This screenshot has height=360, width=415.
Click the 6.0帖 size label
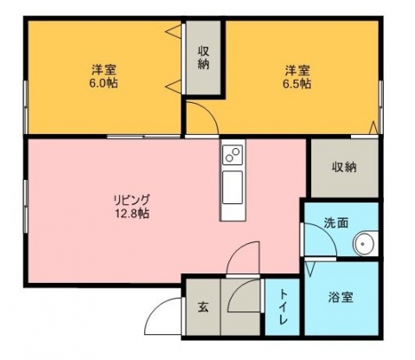point(104,84)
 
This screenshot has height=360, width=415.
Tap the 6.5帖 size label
point(297,84)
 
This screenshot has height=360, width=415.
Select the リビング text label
point(132,199)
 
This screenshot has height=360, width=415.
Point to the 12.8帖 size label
point(132,214)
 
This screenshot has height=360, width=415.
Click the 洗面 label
point(336,223)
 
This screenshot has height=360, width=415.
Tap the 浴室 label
point(341,297)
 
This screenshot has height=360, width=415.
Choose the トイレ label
point(283,307)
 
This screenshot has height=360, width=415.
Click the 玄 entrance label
point(203,307)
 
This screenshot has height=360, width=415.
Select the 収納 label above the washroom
point(344,167)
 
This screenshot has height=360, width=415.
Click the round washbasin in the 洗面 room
point(362,244)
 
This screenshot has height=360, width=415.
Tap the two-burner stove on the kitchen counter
point(233,155)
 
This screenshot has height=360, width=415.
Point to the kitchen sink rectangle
point(233,187)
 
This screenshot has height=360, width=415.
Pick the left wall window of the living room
point(26,206)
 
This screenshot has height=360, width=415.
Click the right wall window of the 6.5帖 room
point(381,106)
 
